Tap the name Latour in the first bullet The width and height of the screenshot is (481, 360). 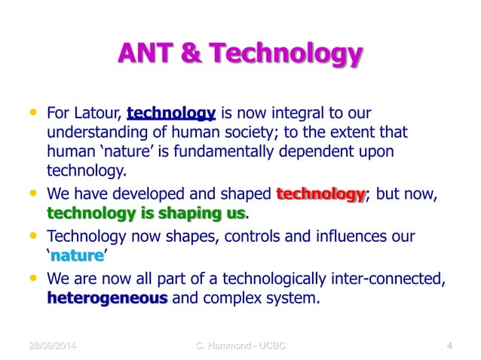pos(100,115)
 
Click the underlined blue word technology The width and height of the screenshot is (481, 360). pos(172,115)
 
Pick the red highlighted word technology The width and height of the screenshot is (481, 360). pos(320,194)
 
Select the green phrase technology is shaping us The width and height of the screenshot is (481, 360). pos(146,213)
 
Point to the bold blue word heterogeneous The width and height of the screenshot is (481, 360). pos(107,298)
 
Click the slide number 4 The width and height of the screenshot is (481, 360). pos(449,346)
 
